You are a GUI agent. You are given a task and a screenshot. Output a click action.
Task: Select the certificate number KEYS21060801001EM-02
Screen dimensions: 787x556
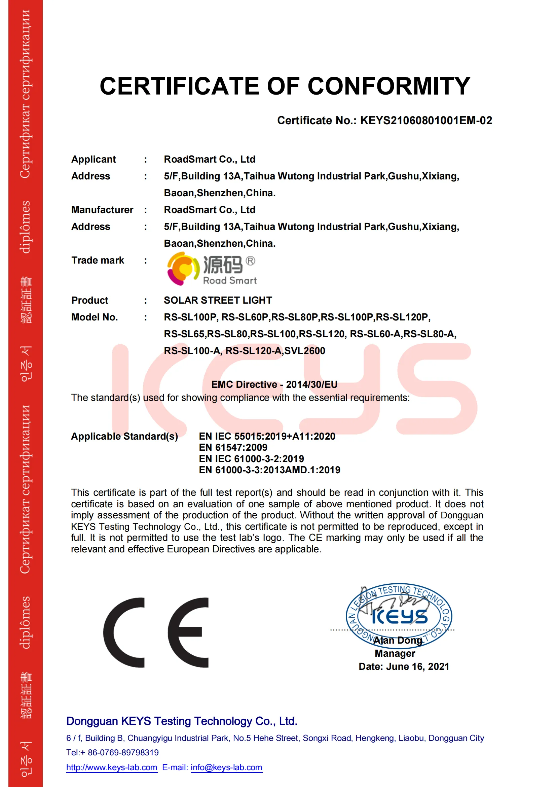point(426,121)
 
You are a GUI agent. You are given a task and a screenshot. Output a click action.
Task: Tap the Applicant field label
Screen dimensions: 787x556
point(94,160)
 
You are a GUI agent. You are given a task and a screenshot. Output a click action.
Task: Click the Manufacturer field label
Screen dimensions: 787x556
point(102,210)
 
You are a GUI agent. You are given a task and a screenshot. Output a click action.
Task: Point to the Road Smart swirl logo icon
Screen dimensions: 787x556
point(183,268)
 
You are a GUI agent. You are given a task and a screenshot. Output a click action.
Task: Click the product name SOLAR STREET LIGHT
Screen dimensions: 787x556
point(218,300)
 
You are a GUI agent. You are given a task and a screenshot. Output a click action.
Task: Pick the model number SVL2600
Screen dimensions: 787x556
point(304,351)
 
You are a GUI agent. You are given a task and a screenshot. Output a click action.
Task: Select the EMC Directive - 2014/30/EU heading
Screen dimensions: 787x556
point(274,385)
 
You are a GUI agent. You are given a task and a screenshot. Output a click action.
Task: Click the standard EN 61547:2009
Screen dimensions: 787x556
point(233,447)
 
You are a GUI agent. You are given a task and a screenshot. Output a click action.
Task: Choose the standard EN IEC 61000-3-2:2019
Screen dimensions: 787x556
point(251,458)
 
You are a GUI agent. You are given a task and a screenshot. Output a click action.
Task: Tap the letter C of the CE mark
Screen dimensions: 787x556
point(124,633)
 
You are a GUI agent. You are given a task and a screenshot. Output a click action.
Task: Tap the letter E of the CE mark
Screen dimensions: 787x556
point(188,633)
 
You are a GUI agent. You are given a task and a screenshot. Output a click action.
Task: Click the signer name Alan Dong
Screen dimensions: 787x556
point(397,640)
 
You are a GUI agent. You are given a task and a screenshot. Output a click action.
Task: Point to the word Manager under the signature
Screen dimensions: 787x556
point(395,653)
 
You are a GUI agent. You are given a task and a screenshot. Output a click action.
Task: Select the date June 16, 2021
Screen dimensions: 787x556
point(417,666)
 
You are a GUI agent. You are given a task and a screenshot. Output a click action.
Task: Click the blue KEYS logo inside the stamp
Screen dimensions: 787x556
point(400,617)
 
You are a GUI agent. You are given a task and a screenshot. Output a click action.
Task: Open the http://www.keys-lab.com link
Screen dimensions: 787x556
point(112,767)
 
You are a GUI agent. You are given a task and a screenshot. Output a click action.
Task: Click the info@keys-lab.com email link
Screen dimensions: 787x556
point(226,767)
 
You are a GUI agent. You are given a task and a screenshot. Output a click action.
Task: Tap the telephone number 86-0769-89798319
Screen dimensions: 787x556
point(123,752)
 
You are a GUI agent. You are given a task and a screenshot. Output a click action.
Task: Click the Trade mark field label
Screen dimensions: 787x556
point(98,261)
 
